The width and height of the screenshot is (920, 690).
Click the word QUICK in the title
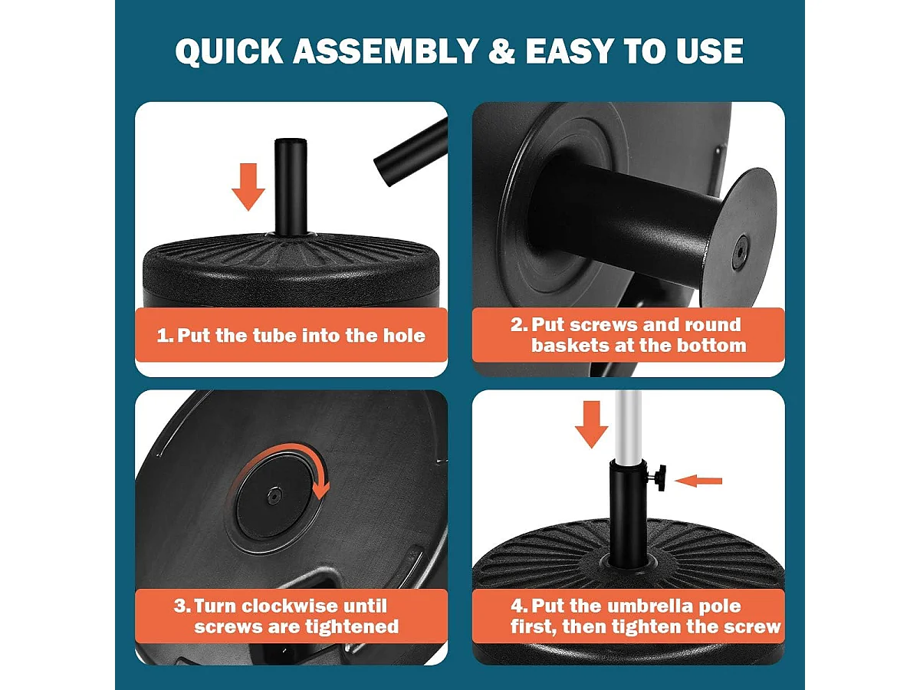point(229,51)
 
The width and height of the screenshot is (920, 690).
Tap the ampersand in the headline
point(501,51)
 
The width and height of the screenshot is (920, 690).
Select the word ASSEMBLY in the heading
point(386,51)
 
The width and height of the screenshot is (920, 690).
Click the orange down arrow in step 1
point(248,187)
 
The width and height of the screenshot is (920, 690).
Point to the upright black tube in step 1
point(291,187)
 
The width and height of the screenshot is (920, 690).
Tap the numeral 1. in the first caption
point(165,336)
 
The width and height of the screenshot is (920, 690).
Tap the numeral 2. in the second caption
point(519,324)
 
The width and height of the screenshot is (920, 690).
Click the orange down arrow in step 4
point(591,425)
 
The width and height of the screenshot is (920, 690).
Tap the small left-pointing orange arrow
point(698,481)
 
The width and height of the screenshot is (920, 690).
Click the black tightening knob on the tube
point(658,477)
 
